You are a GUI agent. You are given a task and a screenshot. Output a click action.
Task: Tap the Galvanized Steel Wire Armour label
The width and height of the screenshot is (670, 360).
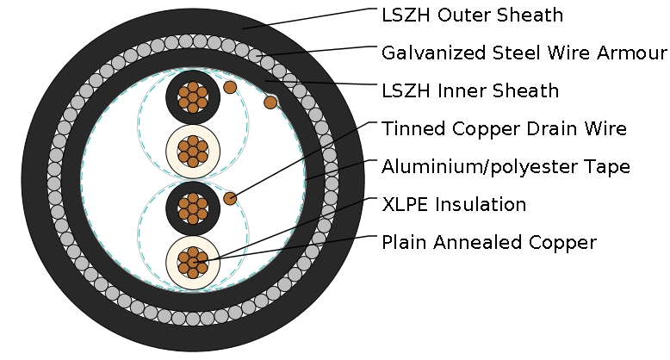(524, 53)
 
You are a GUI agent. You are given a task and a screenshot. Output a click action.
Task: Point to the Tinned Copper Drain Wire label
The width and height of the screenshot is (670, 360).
(504, 129)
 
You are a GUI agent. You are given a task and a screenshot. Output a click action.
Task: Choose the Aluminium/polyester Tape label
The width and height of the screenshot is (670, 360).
(506, 167)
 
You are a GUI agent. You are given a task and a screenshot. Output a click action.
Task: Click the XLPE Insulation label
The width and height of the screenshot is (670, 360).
(453, 205)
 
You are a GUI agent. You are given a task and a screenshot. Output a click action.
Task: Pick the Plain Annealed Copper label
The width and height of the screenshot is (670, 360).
(488, 243)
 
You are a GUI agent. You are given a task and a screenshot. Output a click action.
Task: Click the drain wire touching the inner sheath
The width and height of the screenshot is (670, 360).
(270, 102)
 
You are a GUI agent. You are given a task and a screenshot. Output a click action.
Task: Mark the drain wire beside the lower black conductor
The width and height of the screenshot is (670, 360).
(230, 198)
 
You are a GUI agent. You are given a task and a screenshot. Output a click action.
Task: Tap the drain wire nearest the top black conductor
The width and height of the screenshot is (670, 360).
(230, 87)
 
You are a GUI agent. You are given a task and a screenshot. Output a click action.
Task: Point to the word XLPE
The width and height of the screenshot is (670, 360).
(404, 205)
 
